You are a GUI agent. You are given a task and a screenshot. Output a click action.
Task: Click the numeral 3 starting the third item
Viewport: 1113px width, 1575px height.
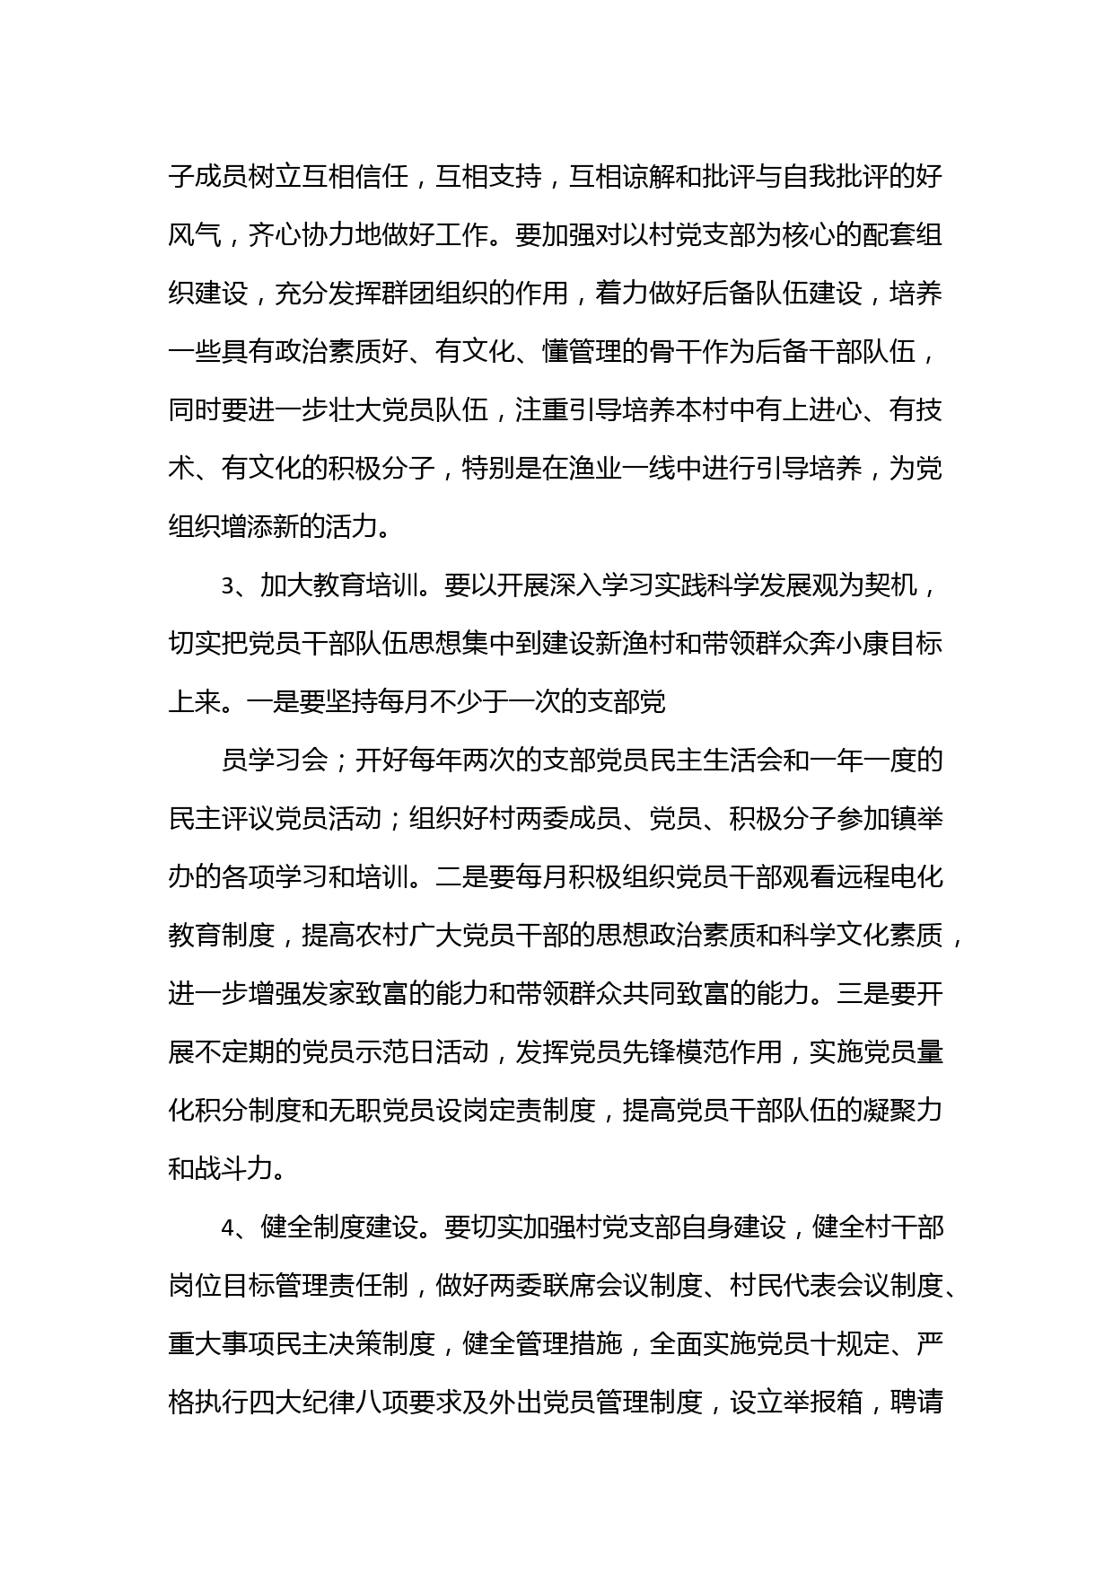coord(228,586)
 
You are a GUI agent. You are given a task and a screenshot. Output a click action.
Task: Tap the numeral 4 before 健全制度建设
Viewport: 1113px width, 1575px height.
coord(228,1227)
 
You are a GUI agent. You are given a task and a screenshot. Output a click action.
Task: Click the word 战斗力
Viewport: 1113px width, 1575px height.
coord(235,1169)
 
